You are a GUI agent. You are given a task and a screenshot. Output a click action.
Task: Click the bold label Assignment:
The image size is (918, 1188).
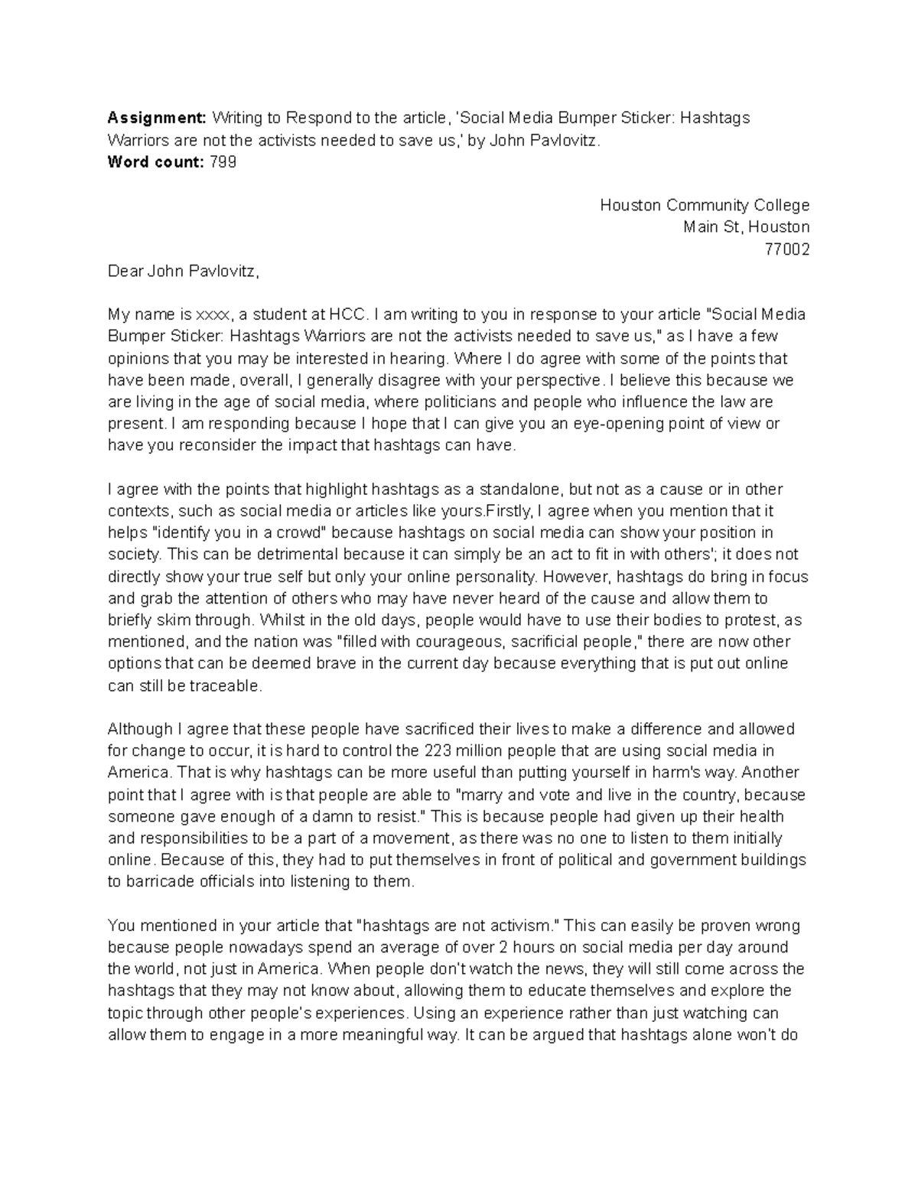pyautogui.click(x=157, y=118)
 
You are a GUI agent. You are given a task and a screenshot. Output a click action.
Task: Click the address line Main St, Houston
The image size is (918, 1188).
pyautogui.click(x=746, y=227)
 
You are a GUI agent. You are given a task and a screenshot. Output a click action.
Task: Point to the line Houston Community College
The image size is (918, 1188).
pyautogui.click(x=705, y=205)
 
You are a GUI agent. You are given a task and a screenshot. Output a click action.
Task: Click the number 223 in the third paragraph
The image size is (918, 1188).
pyautogui.click(x=436, y=750)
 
